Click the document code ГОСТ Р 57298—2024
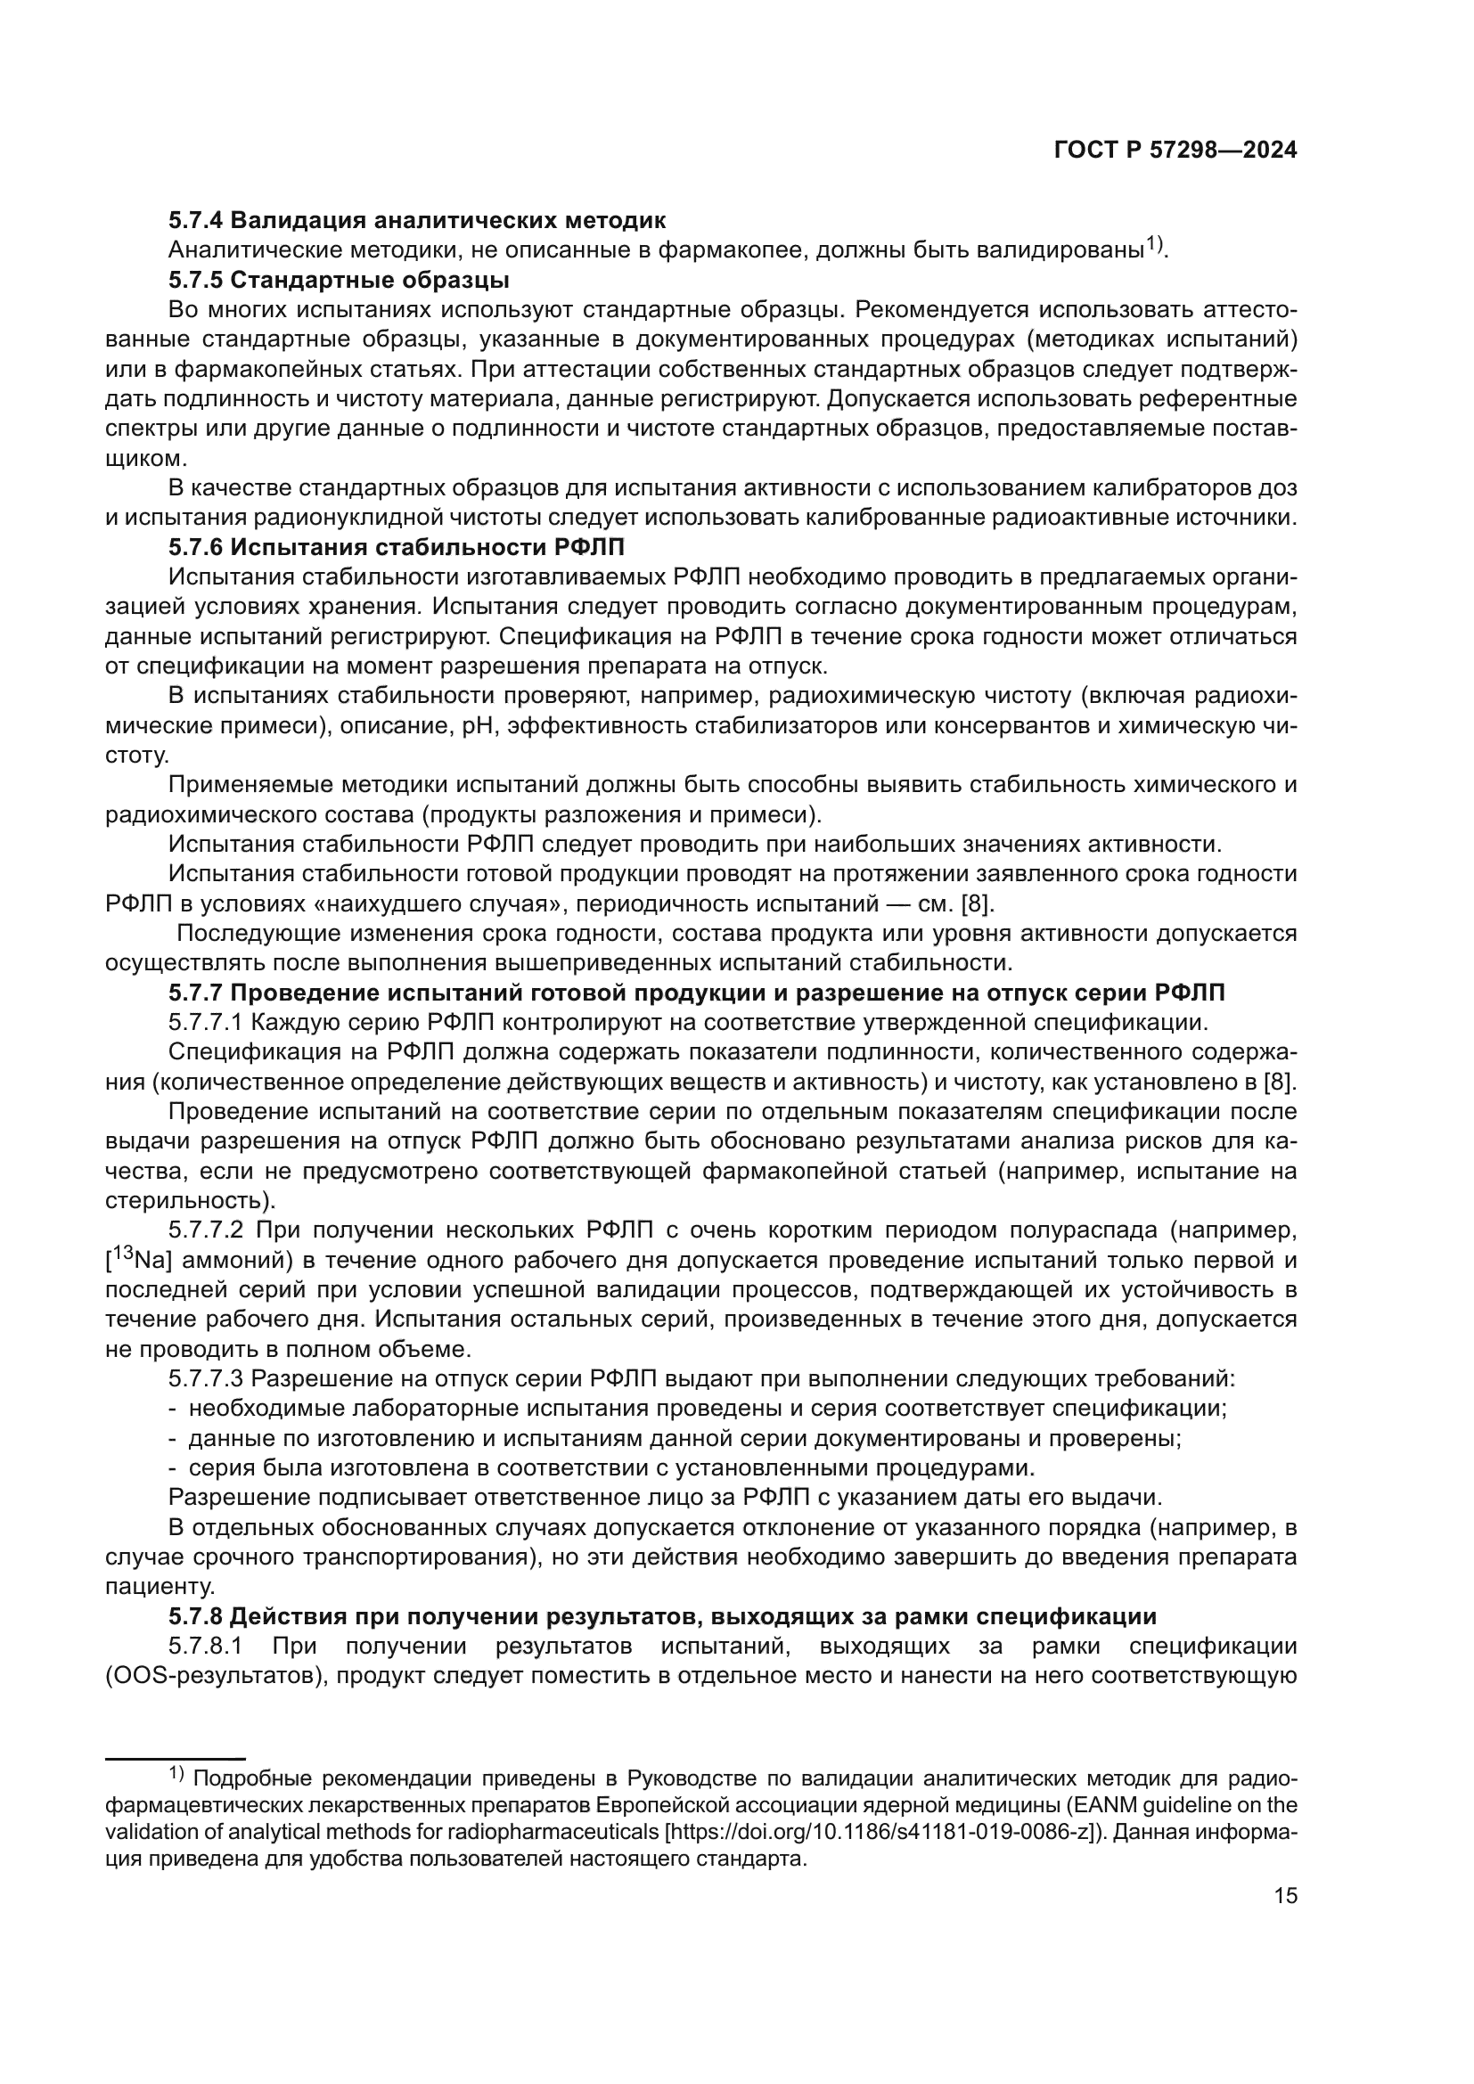[x=1175, y=151]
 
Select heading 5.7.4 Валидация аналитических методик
[x=416, y=220]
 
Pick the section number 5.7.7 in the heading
[x=195, y=993]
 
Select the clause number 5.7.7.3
[x=205, y=1378]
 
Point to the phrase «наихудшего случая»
[x=454, y=904]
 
